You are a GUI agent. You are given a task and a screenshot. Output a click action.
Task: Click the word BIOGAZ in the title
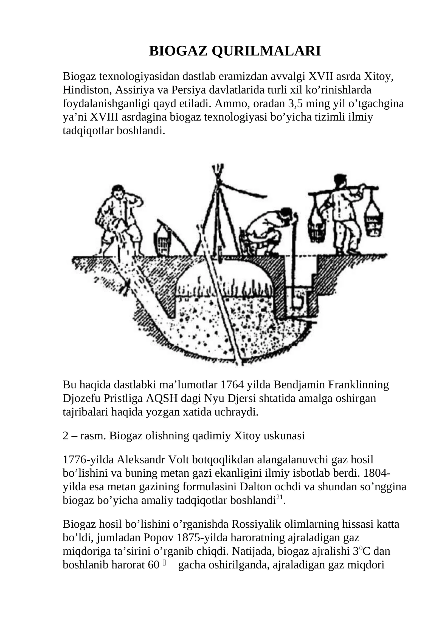coord(178,51)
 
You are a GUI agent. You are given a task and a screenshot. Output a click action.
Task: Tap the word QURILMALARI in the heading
coord(266,51)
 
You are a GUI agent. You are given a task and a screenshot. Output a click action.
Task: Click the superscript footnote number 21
coord(279,497)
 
